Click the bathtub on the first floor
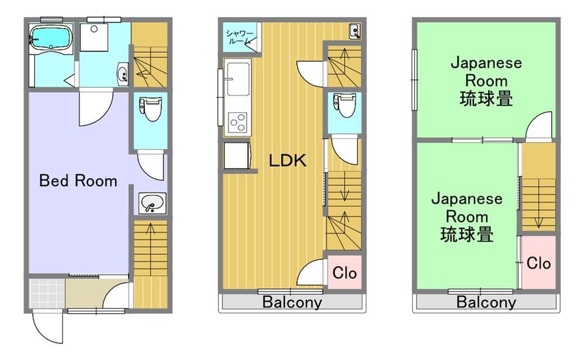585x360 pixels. coord(51,37)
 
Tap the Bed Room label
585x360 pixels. coord(78,181)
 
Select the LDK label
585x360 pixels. coord(288,160)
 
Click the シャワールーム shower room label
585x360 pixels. coord(239,37)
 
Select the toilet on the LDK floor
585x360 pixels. coord(345,105)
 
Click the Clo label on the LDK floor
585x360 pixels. coord(345,273)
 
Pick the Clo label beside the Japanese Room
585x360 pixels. coord(538,263)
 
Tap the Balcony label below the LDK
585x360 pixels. coord(292,301)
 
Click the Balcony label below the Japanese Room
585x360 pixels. coord(486,301)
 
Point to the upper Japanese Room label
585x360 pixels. coord(486,81)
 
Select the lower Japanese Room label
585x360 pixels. coord(467,217)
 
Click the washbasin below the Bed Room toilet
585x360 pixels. coord(152,204)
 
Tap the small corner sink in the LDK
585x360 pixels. coord(355,31)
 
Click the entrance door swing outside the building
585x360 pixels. coord(47,327)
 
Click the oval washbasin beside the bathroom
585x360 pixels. coord(122,74)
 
